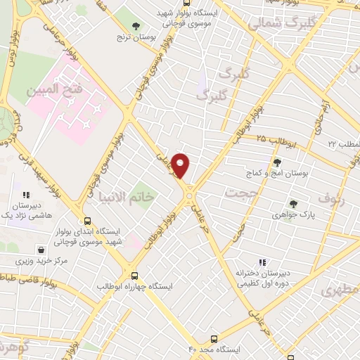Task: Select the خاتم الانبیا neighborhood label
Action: pyautogui.click(x=127, y=198)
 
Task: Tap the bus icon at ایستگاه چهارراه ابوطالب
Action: pyautogui.click(x=134, y=276)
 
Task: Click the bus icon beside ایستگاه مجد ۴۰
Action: pyautogui.click(x=214, y=338)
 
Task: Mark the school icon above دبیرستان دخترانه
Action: pyautogui.click(x=262, y=263)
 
